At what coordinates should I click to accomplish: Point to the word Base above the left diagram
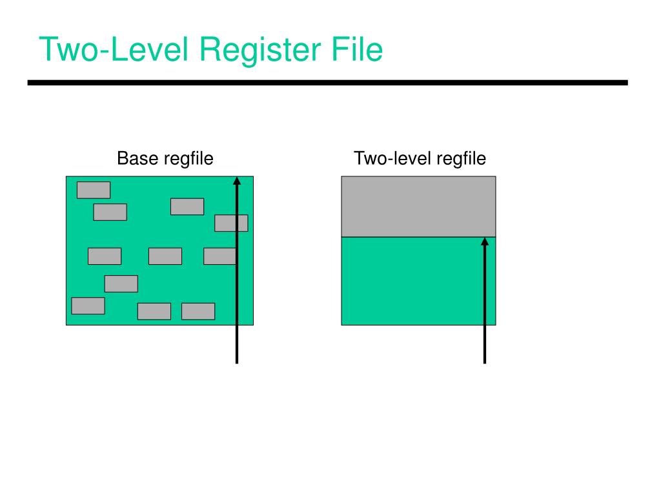tap(137, 158)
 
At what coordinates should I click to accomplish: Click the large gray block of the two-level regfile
tap(418, 207)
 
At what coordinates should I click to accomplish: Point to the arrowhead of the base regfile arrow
tap(237, 181)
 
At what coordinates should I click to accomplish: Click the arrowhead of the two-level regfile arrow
tap(484, 242)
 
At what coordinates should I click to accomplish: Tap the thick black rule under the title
tap(327, 83)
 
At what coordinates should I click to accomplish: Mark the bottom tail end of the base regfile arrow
tap(237, 362)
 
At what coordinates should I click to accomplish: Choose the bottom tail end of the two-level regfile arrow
tap(484, 362)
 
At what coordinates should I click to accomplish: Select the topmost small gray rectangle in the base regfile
tap(94, 190)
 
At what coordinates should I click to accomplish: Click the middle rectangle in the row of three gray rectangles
tap(165, 256)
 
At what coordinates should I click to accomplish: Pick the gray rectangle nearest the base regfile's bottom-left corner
tap(88, 305)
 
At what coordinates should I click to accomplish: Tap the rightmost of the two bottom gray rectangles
tap(198, 311)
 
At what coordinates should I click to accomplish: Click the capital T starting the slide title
tap(47, 50)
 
